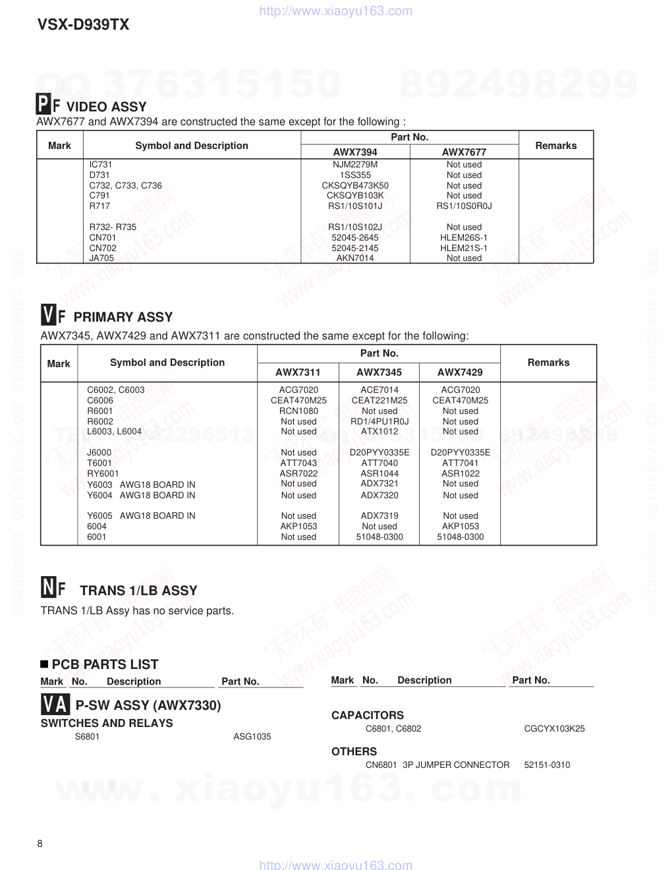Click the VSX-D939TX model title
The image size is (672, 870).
[x=83, y=25]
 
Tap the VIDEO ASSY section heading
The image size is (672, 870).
[x=106, y=107]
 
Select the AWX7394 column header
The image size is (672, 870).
[x=355, y=152]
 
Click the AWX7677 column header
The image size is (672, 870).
[x=464, y=152]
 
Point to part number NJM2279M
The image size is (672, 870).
[x=355, y=165]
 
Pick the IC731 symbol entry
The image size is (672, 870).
[x=101, y=165]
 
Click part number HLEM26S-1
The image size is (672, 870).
[x=464, y=238]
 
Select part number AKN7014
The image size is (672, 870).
[x=355, y=258]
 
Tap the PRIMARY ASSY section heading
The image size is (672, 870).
[x=123, y=317]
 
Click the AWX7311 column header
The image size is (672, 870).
[x=298, y=372]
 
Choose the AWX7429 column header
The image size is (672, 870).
[x=460, y=372]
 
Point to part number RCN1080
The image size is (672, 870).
[x=298, y=411]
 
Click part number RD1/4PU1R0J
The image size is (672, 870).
[x=379, y=422]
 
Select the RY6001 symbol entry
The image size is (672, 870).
[x=103, y=474]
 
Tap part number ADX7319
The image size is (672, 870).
[x=379, y=516]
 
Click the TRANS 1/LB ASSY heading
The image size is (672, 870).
[x=138, y=591]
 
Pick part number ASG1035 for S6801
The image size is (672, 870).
[x=252, y=737]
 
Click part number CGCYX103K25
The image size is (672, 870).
[x=554, y=729]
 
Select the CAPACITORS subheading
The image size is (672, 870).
[x=368, y=716]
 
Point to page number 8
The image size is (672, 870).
[x=40, y=844]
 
